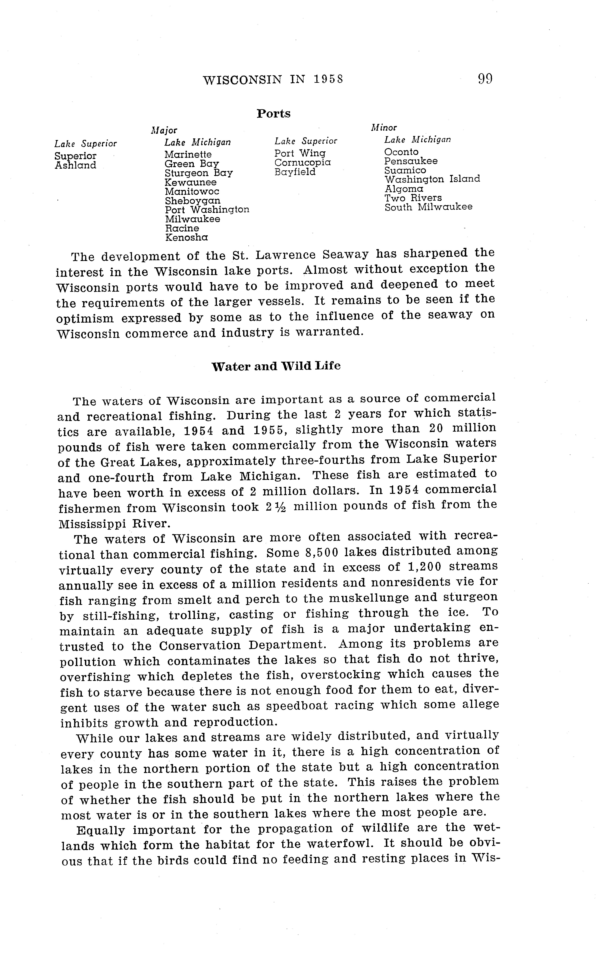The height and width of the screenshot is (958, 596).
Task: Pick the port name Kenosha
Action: click(186, 238)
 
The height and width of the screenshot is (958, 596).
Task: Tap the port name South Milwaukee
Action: click(428, 207)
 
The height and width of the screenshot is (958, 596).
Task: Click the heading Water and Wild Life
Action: click(276, 366)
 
